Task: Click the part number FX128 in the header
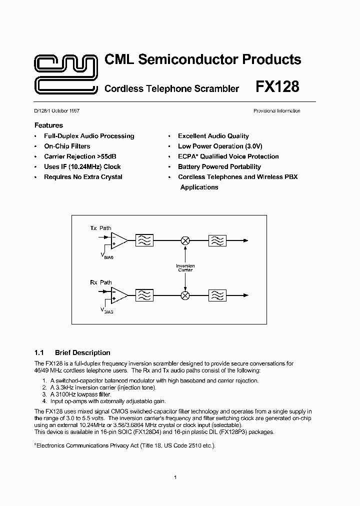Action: [277, 87]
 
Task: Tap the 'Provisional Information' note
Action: [276, 111]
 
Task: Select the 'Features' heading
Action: [48, 125]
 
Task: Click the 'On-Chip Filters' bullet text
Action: [67, 146]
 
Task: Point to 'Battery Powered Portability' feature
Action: [219, 167]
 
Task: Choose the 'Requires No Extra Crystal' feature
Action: [83, 177]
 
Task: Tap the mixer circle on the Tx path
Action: [185, 240]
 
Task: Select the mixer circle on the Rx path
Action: [185, 295]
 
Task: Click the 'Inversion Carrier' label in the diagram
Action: [185, 268]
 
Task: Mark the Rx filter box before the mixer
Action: [144, 295]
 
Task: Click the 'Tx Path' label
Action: [100, 228]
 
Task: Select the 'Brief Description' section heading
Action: [82, 352]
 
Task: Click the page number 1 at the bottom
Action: [175, 477]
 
